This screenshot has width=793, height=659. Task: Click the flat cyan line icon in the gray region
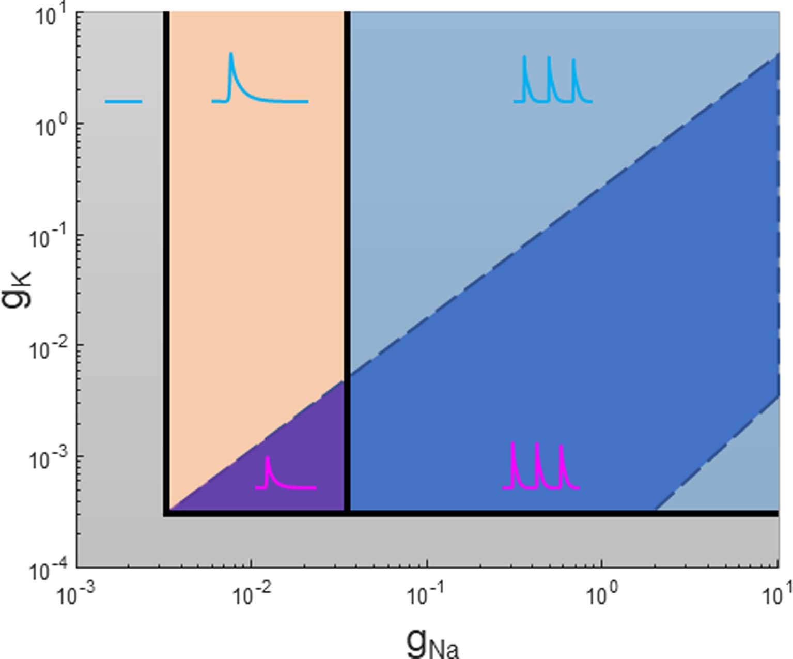[123, 102]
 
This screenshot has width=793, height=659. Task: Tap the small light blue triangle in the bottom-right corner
[744, 476]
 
